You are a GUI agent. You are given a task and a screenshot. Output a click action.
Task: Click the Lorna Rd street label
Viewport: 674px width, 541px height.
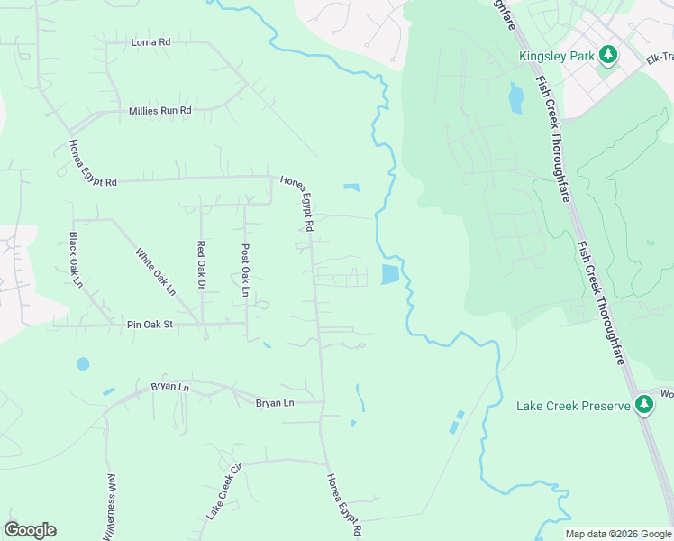[150, 42]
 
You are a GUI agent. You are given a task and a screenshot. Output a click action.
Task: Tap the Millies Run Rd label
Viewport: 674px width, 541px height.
[159, 110]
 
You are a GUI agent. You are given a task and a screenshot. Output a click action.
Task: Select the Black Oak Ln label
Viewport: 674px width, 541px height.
[76, 261]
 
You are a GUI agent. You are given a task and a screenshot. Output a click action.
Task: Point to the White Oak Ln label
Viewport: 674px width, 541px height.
[155, 271]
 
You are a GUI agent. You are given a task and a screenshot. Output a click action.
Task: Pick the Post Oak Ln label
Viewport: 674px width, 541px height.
[244, 270]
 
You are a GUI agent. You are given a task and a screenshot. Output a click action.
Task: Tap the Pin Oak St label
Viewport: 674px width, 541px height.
[149, 324]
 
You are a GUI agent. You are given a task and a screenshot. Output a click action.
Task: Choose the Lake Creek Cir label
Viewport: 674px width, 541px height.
[225, 492]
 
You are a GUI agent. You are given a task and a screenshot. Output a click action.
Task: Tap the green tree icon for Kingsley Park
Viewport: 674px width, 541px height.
[609, 55]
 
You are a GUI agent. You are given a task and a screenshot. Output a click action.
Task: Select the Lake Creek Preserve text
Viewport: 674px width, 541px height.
[573, 406]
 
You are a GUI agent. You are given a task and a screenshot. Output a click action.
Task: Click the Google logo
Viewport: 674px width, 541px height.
[31, 529]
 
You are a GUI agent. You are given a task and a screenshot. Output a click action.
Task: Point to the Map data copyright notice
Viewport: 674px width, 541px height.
[617, 534]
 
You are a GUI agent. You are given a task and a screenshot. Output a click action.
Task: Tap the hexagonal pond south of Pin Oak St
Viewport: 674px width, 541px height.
[83, 364]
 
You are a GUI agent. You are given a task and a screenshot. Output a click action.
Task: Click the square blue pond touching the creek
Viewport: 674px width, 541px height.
[390, 274]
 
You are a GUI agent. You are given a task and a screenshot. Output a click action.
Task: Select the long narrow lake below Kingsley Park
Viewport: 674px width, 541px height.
[515, 96]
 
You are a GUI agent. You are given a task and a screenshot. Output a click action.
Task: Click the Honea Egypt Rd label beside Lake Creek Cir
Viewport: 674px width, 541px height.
[344, 505]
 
